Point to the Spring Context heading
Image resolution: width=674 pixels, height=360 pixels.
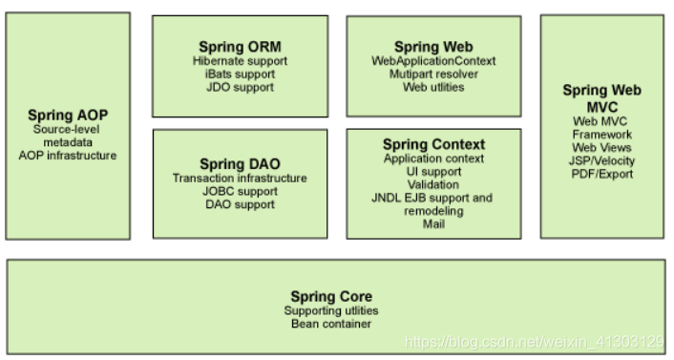433,144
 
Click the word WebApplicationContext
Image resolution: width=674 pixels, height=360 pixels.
432,60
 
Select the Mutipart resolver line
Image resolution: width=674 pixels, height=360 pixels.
432,74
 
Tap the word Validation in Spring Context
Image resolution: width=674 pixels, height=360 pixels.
433,184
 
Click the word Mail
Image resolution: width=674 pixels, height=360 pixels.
433,224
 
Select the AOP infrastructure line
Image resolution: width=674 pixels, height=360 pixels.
74,155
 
